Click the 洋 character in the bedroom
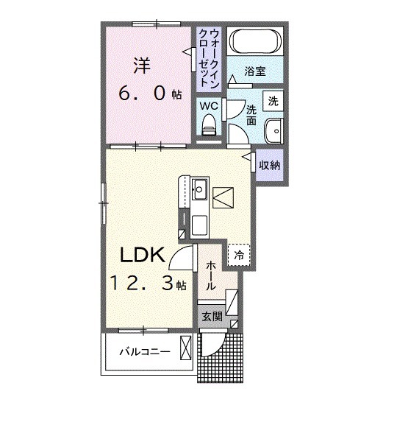[x=141, y=65]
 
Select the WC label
[x=209, y=105]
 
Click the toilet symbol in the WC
[x=210, y=124]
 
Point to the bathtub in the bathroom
[x=252, y=42]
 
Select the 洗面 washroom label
[x=251, y=115]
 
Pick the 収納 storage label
[x=269, y=165]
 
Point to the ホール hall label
[x=210, y=274]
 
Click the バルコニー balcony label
[x=146, y=353]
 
